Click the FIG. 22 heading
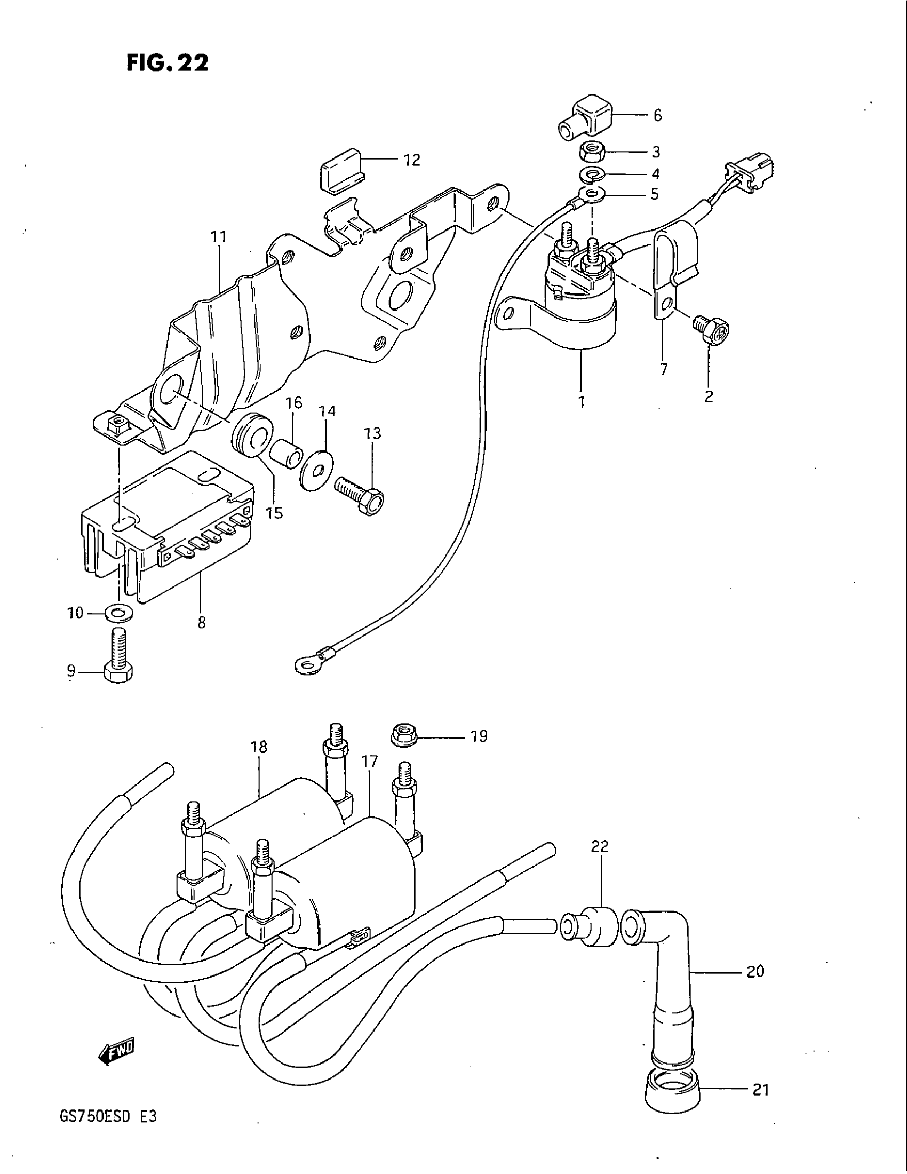[167, 63]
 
